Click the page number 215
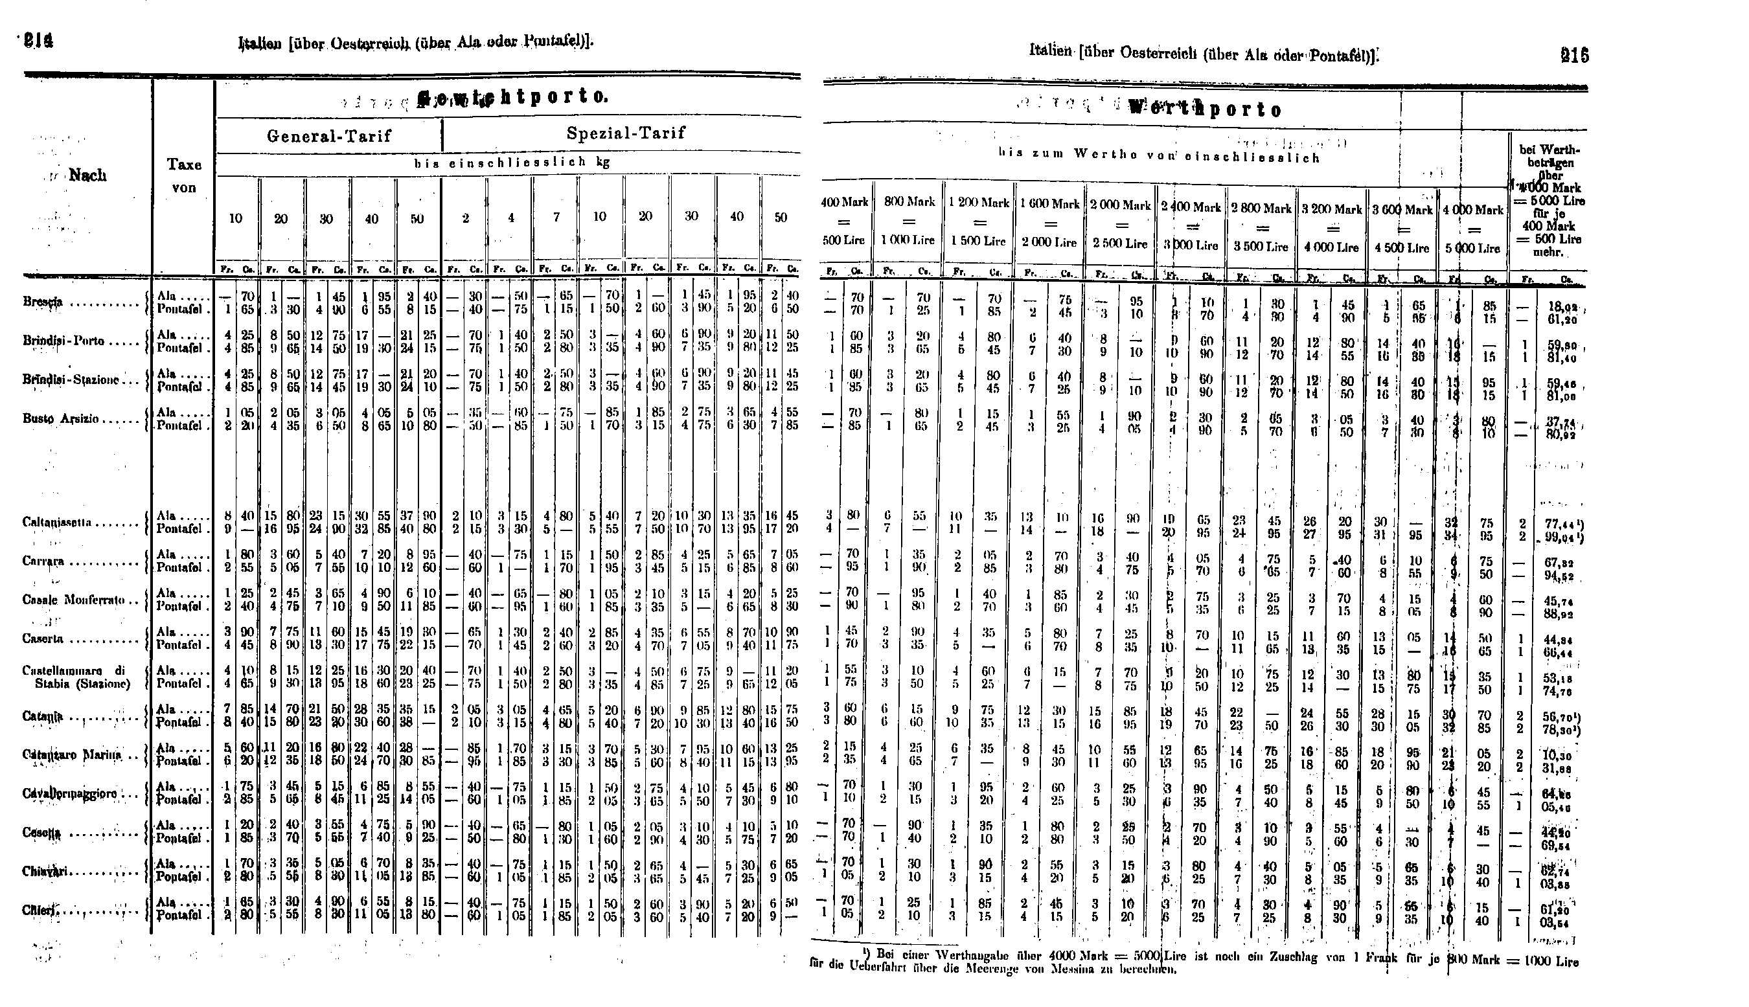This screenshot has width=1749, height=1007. [x=1575, y=55]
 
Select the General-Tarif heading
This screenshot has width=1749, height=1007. [x=329, y=135]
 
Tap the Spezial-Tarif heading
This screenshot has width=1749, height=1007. [x=626, y=133]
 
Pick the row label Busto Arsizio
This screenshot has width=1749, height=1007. [x=61, y=419]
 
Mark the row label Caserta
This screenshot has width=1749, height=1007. [x=43, y=639]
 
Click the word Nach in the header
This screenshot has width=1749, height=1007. [x=88, y=175]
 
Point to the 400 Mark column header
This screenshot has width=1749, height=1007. [x=844, y=202]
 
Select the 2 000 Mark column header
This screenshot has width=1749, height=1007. [x=1120, y=205]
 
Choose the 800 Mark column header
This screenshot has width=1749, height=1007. [x=909, y=201]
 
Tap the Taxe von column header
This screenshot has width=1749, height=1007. [x=184, y=175]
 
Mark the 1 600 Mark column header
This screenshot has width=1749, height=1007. [x=1050, y=204]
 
